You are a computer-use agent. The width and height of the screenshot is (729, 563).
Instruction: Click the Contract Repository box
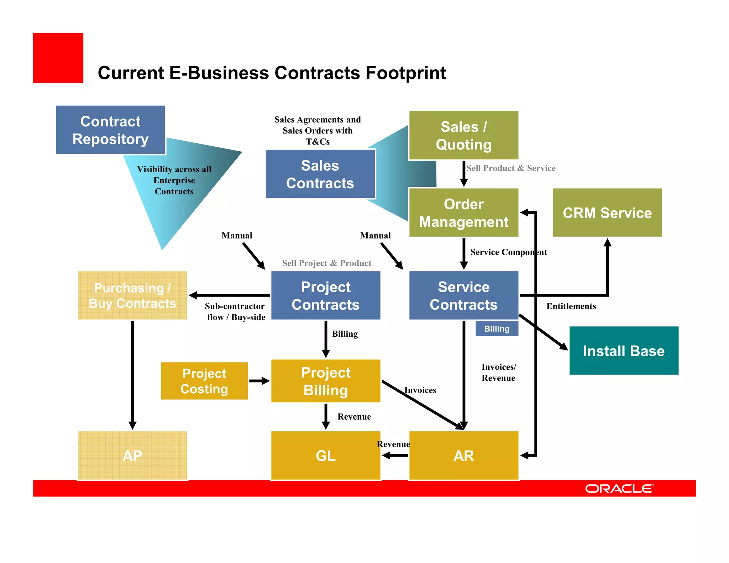tap(110, 130)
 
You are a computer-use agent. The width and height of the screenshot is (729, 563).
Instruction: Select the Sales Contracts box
tap(320, 174)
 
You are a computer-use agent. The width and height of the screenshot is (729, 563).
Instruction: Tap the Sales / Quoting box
tap(463, 136)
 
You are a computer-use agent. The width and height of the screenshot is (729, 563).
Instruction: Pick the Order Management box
tap(463, 213)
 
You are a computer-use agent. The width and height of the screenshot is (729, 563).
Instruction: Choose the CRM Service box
tap(607, 213)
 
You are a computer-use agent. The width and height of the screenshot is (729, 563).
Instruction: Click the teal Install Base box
tap(624, 351)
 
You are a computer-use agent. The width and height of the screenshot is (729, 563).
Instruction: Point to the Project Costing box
tap(204, 381)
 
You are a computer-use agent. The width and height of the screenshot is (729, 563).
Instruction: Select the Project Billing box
tap(326, 381)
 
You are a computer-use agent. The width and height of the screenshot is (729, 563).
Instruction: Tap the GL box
tap(326, 456)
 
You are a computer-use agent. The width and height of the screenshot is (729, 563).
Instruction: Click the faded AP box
tap(132, 456)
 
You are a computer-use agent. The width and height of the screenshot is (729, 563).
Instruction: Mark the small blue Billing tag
tap(497, 329)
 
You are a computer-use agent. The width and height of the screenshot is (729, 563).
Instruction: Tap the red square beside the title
tap(58, 58)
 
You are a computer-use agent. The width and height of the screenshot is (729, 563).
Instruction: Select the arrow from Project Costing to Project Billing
tap(259, 381)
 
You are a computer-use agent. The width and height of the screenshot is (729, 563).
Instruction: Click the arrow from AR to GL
tap(395, 456)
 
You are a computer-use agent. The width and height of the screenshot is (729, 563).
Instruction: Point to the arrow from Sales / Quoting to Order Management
tap(463, 174)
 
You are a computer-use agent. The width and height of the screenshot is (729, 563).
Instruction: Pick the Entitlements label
tap(571, 306)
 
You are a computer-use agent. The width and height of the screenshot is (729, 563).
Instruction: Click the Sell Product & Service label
tap(511, 168)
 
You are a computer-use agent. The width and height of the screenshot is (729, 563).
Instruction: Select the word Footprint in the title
tap(406, 73)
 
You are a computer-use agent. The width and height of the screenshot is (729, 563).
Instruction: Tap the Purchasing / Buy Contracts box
tap(132, 296)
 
